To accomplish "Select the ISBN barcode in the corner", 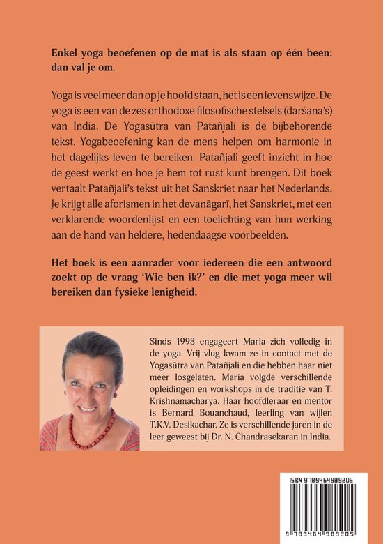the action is click(331, 501).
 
